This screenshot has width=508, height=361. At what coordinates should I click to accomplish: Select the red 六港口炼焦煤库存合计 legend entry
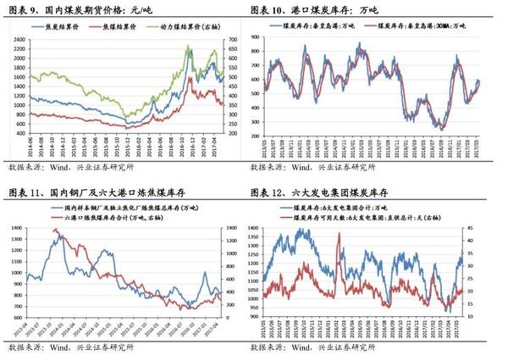(126, 216)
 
